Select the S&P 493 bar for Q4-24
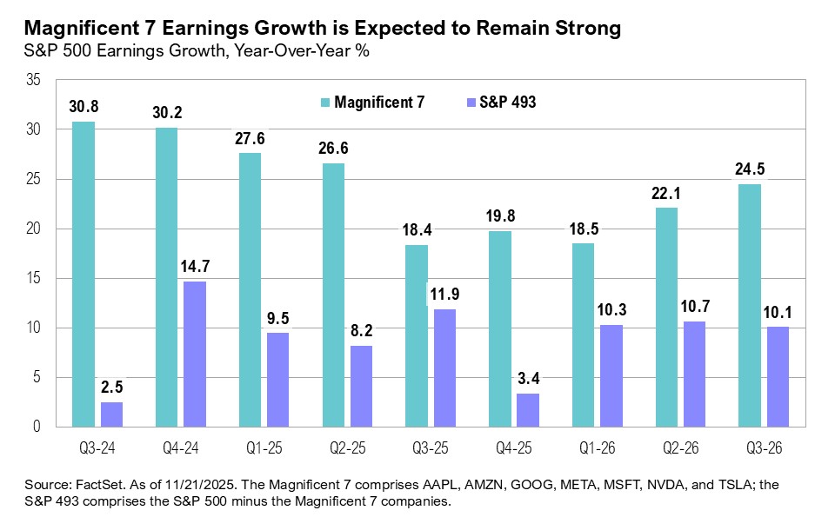194,354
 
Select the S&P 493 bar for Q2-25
361,386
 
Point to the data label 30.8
83,108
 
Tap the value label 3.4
527,380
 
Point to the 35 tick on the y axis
34,80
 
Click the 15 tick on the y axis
34,278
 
